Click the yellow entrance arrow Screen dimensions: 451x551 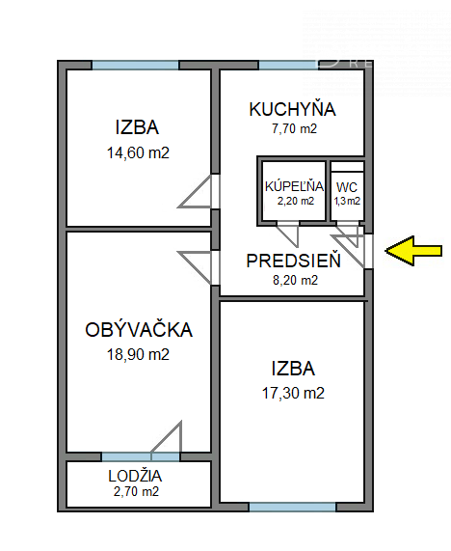click(413, 251)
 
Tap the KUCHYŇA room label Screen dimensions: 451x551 click(292, 109)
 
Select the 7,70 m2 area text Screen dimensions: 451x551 click(294, 128)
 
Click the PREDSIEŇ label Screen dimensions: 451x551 click(293, 261)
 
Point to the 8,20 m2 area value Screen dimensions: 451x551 click(295, 280)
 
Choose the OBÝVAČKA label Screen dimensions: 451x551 click(139, 330)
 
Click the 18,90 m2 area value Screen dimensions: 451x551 click(138, 354)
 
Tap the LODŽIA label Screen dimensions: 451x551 click(135, 476)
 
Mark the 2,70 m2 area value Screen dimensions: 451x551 click(136, 491)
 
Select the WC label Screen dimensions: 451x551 click(347, 187)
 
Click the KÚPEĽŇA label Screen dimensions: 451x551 click(294, 186)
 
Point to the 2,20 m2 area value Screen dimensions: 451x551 click(296, 201)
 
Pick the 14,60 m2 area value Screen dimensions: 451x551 click(138, 152)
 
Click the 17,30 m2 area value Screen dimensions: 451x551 click(293, 393)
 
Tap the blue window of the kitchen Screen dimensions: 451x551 click(288, 65)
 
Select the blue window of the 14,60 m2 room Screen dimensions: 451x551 click(136, 65)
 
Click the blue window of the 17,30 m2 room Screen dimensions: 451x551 click(293, 507)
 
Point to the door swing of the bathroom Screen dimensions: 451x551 click(288, 234)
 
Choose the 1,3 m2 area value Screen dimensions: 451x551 click(347, 201)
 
